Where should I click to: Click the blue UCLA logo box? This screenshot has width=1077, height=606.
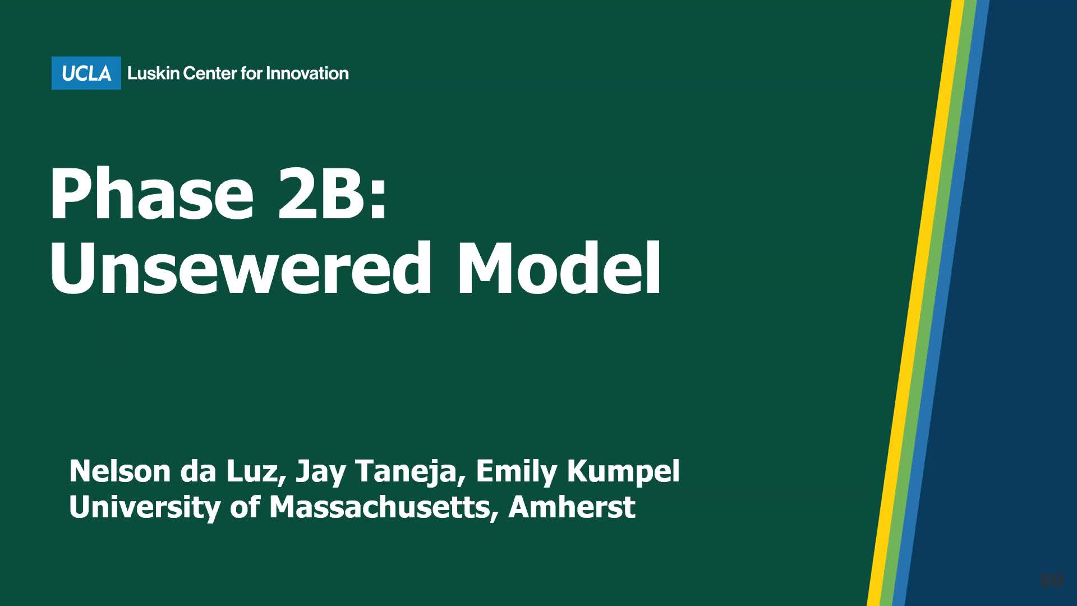(x=86, y=73)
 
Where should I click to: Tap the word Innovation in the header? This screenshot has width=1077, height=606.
(x=307, y=73)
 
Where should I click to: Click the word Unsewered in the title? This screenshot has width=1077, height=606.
(x=241, y=268)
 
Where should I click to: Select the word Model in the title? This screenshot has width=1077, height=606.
(x=559, y=268)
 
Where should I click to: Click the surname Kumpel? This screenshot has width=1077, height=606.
(x=623, y=471)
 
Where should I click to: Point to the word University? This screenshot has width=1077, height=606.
(x=145, y=507)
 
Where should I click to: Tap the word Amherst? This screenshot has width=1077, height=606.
(x=572, y=507)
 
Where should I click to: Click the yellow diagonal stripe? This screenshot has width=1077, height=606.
(x=920, y=303)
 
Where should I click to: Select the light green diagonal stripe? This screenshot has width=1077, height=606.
(x=933, y=303)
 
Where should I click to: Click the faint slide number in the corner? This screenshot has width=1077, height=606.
(x=1051, y=580)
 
